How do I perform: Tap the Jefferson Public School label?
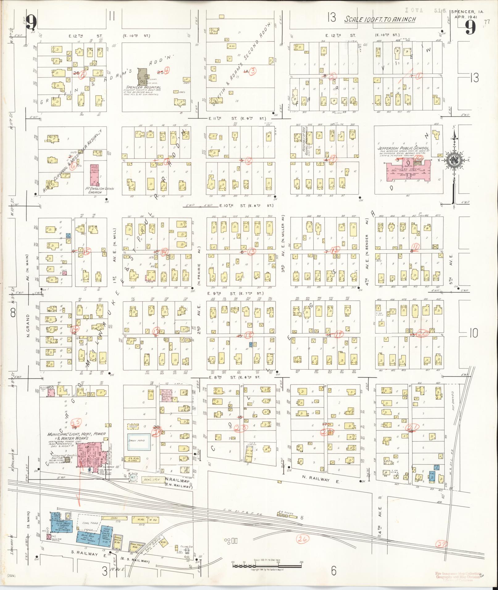pyautogui.click(x=403, y=148)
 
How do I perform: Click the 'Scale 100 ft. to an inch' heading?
pyautogui.click(x=380, y=19)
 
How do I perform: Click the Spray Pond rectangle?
pyautogui.click(x=139, y=441)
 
